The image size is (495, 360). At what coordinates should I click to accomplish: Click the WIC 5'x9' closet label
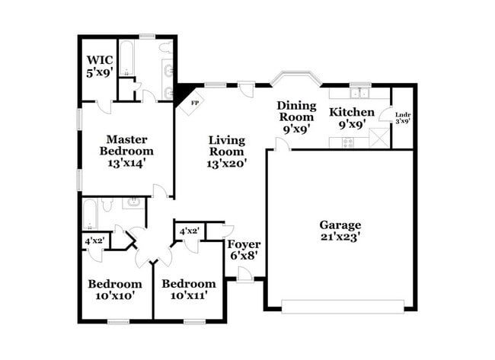(100, 67)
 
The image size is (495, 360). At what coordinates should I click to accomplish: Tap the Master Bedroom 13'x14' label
(126, 150)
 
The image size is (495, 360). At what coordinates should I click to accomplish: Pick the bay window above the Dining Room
(296, 78)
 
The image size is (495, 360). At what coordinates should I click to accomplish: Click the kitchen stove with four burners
(347, 142)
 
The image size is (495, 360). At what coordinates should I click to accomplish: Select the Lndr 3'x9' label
(403, 119)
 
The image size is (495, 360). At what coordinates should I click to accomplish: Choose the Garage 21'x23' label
(340, 231)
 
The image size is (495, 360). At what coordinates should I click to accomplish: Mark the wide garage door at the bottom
(342, 306)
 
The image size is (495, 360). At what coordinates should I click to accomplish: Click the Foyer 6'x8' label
(244, 250)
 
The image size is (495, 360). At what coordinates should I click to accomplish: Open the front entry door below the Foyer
(244, 274)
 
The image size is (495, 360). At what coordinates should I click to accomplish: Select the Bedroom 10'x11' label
(184, 290)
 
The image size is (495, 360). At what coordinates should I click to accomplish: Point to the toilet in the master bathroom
(131, 91)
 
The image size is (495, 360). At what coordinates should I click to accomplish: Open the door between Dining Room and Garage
(282, 142)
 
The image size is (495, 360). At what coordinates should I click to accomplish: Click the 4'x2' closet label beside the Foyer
(188, 231)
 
